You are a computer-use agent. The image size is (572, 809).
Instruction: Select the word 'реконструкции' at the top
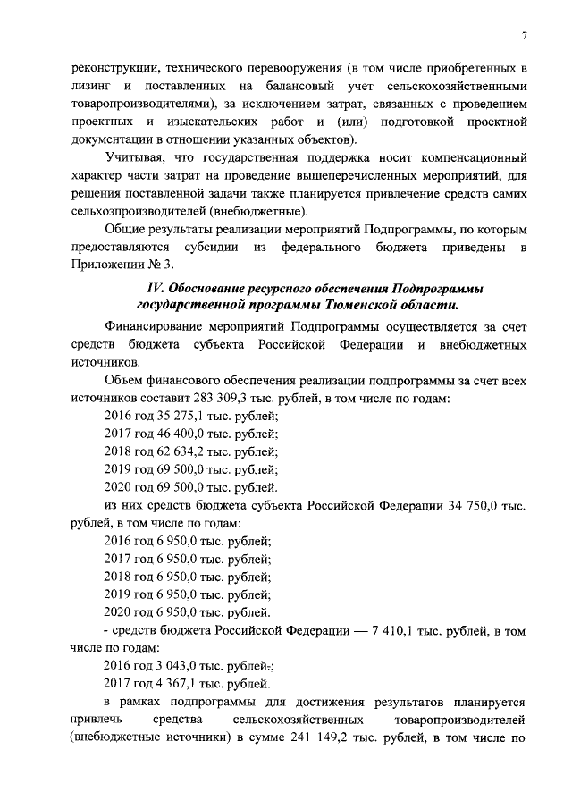tap(111, 68)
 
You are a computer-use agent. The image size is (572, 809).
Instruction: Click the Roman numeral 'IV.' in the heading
tap(157, 291)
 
